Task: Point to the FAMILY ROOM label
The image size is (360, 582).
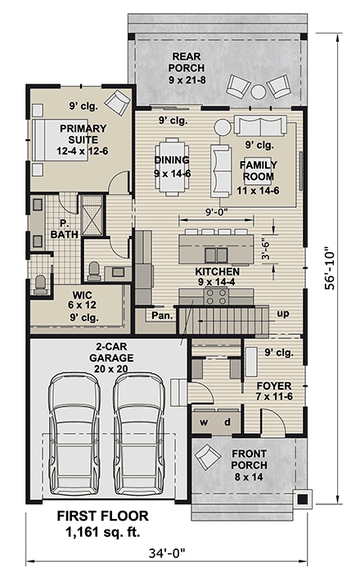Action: click(258, 171)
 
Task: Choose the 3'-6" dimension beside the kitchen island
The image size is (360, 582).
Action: click(264, 246)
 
